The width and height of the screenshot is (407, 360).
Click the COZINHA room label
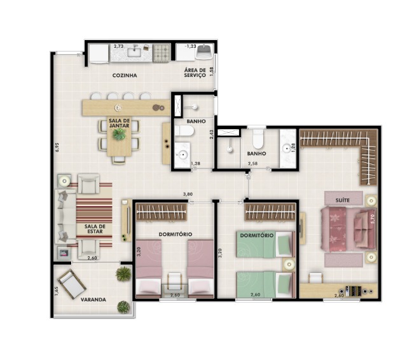click(125, 76)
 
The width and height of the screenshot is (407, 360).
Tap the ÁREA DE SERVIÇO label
click(195, 73)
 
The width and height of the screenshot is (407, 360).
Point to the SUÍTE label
click(342, 200)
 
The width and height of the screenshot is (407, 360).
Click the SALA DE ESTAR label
click(95, 229)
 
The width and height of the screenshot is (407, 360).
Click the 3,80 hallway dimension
click(188, 194)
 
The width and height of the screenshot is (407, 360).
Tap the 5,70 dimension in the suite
click(373, 219)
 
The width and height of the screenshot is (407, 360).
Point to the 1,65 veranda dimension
click(57, 291)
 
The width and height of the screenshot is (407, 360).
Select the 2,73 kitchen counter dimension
click(119, 46)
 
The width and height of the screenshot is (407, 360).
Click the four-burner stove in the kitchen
click(162, 53)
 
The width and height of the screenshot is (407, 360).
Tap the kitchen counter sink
click(134, 52)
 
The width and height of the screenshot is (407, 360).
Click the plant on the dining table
click(119, 134)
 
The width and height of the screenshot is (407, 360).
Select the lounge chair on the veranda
click(72, 284)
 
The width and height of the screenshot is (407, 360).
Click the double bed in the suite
click(348, 229)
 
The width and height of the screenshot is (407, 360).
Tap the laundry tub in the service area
click(205, 52)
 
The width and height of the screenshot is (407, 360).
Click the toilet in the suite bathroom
click(258, 137)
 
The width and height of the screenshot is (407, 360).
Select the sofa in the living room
click(65, 216)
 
